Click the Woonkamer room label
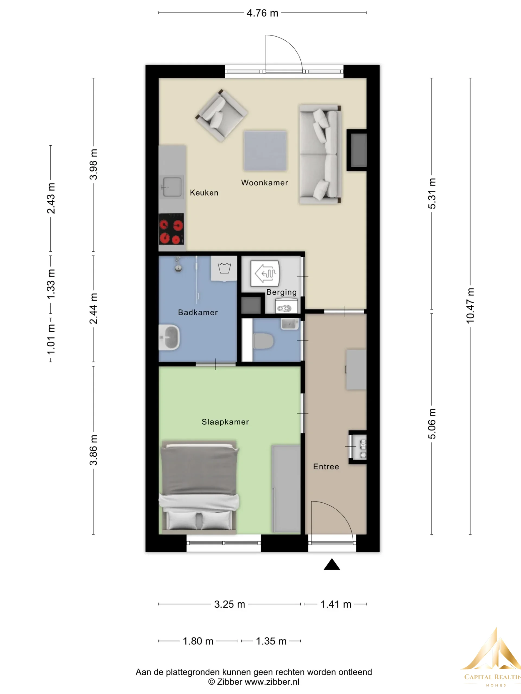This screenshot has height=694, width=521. point(264,183)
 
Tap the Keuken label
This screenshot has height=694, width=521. point(204,193)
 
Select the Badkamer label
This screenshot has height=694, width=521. point(198,313)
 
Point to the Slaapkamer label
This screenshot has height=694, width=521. point(225,422)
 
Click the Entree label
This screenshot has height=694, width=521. point(326,467)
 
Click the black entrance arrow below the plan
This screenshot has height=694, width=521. point(332,564)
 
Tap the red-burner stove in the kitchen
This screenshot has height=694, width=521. point(171,229)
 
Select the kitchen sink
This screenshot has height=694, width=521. point(171,187)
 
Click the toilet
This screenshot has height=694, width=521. point(263,341)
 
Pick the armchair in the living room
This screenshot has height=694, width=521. point(221,115)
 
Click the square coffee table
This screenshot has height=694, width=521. point(265,151)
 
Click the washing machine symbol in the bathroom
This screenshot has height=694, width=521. point(224,269)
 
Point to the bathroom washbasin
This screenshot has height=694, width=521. point(169,337)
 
